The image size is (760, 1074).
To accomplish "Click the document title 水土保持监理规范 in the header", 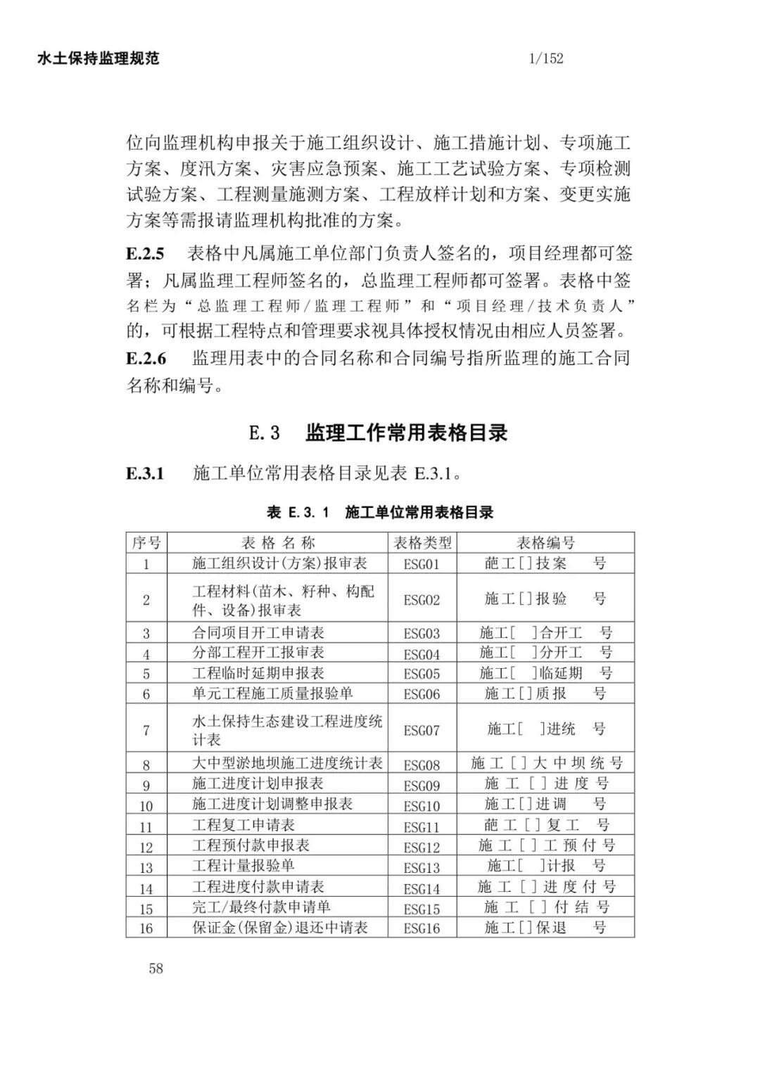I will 99,58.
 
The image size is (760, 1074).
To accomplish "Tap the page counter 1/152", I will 546,58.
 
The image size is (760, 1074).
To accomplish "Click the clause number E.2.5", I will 146,254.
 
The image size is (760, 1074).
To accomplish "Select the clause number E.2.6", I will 146,359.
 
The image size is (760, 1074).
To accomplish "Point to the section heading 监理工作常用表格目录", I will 406,433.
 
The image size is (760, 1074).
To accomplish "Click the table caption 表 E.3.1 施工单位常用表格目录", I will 380,512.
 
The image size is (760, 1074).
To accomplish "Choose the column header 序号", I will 146,543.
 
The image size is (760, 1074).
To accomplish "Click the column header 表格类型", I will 422,543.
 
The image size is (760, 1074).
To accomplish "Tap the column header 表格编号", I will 545,543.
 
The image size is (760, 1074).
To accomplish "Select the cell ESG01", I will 422,563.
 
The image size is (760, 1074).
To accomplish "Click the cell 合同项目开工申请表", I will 258,632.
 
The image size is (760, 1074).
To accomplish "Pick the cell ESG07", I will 422,730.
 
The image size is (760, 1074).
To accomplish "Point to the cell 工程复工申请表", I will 243,825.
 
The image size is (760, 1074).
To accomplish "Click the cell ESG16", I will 422,928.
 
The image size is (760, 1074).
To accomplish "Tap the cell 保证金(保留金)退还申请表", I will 280,927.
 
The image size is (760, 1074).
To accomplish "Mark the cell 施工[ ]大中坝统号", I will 546,763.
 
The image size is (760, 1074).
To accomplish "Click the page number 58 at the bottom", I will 156,968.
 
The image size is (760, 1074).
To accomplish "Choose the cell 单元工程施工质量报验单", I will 272,693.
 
